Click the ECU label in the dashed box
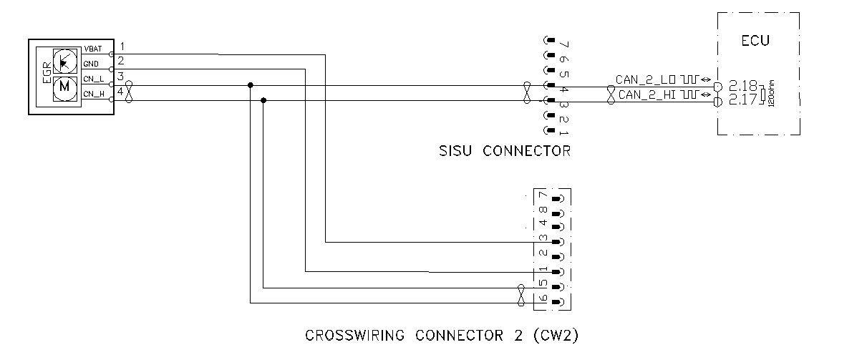point(755,41)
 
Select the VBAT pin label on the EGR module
point(92,49)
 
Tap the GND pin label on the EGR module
point(90,64)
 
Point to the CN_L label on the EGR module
point(92,79)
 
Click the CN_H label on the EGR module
point(92,94)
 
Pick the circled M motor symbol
point(65,87)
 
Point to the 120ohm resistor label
point(772,93)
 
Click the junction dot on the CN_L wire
point(250,86)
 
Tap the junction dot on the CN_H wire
point(264,101)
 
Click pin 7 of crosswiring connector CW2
point(543,196)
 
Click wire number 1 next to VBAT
point(122,47)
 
